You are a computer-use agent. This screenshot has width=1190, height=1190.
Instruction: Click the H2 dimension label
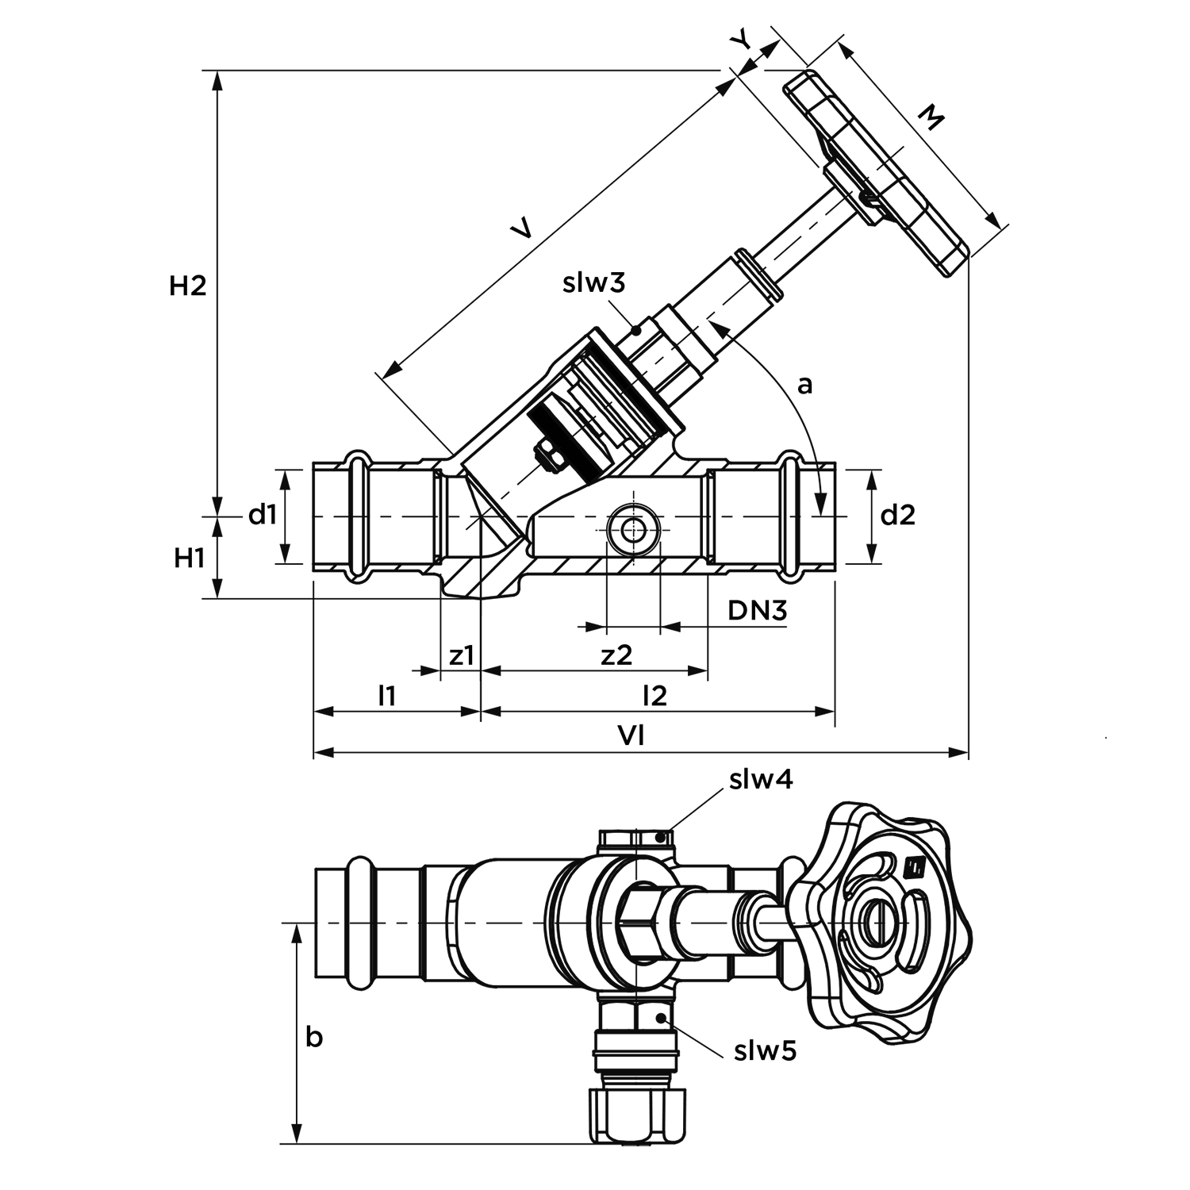(188, 286)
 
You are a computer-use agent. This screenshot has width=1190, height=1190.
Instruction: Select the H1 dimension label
(190, 559)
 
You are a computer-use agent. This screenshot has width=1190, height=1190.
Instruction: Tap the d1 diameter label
(263, 515)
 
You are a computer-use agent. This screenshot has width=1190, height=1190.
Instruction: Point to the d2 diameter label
(898, 515)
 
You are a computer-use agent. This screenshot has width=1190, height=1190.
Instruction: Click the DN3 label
(758, 610)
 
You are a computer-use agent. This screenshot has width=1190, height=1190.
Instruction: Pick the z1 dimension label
(462, 655)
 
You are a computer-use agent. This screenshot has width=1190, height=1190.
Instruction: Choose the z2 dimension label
(616, 655)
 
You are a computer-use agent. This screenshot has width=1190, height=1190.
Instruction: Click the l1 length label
(386, 696)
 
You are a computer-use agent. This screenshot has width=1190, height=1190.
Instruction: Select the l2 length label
(654, 696)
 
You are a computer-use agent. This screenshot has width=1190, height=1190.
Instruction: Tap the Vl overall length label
(631, 736)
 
